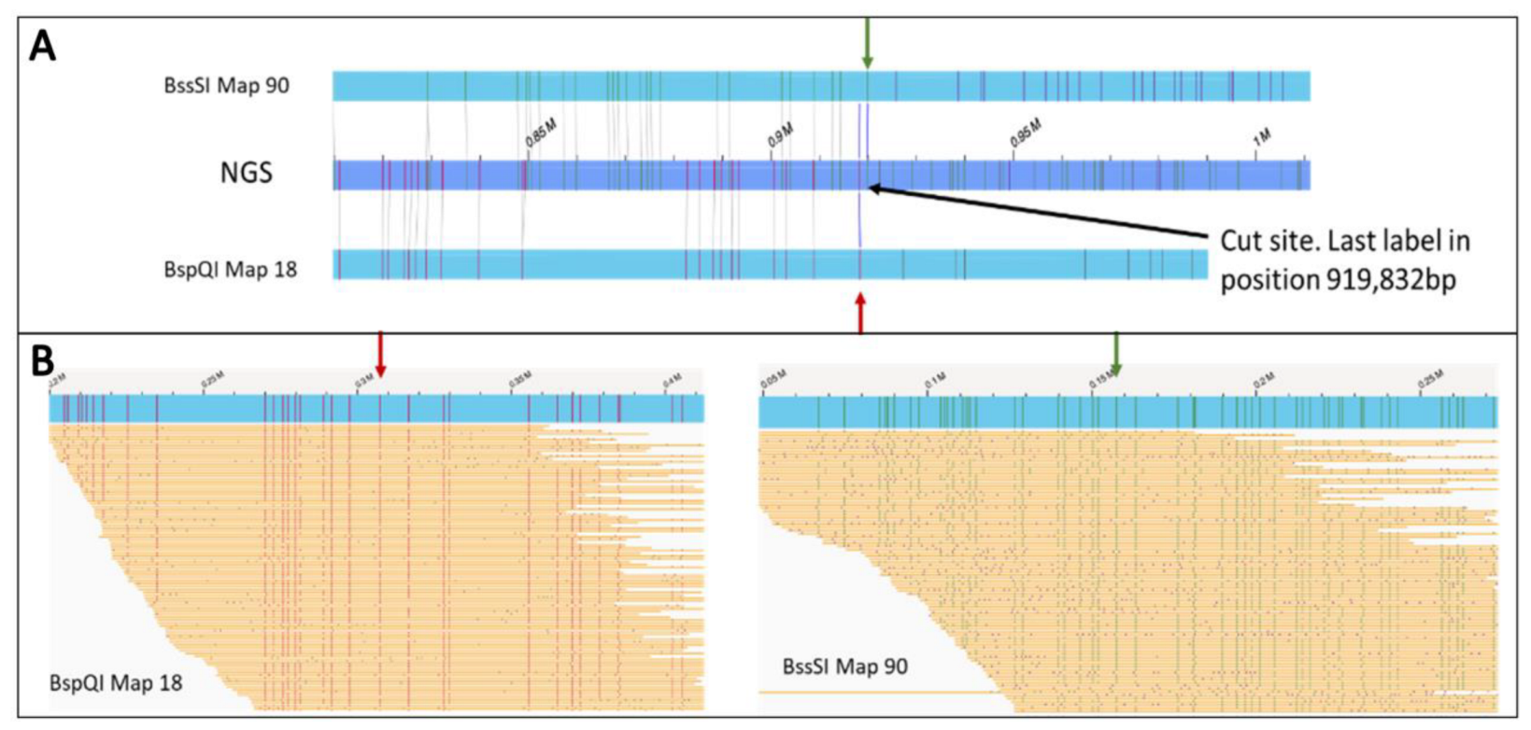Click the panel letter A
pos(43,45)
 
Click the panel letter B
pos(43,361)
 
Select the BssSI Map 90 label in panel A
pos(226,86)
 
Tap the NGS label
pos(246,173)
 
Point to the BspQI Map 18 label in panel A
pos(230,270)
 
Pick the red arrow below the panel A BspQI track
pos(860,313)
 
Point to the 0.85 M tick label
pos(541,134)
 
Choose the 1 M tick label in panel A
pos(1262,137)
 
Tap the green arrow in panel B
pos(1115,355)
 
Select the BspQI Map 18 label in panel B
pos(116,683)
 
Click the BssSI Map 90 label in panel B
pos(844,667)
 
